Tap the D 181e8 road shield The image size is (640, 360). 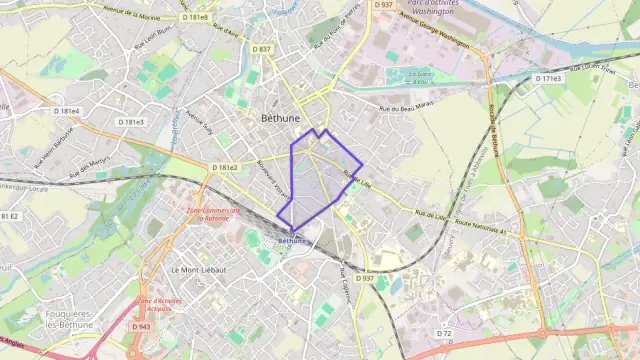pos(195,17)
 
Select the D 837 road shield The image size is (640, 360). pos(262,48)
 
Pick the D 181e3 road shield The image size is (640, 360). pos(130,122)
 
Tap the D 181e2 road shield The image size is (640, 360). pos(224,167)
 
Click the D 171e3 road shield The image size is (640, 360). pos(548,78)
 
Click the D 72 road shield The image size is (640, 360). pos(445,332)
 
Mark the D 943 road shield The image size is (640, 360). pos(143,326)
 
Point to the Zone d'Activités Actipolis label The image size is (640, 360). pos(156,304)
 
